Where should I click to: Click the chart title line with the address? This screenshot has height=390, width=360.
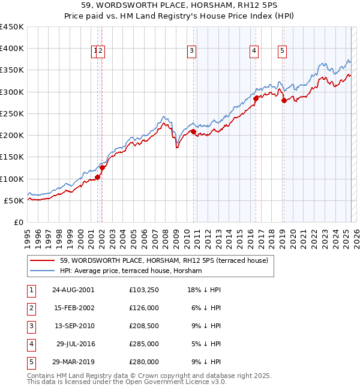point(179,7)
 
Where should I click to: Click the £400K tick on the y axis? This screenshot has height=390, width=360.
point(12,49)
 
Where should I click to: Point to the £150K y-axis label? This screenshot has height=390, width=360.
point(12,157)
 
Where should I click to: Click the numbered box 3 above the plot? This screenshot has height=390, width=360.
point(191,52)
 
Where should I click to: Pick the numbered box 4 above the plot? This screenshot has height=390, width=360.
point(254,52)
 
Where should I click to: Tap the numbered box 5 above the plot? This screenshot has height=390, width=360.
point(282,52)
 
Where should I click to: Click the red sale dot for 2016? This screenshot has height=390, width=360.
point(256,98)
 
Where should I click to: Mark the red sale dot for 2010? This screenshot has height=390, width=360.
point(193,131)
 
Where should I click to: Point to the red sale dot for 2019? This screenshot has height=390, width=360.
point(284,100)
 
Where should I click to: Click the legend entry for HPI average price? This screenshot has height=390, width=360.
point(131,271)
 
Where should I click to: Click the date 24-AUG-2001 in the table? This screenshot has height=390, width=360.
point(73,290)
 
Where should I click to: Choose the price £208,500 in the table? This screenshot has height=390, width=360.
point(144,326)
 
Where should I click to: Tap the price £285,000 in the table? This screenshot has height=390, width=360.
point(144,344)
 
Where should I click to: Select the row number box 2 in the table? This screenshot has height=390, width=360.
point(31,308)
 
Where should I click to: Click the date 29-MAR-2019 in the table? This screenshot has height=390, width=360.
point(73,362)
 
